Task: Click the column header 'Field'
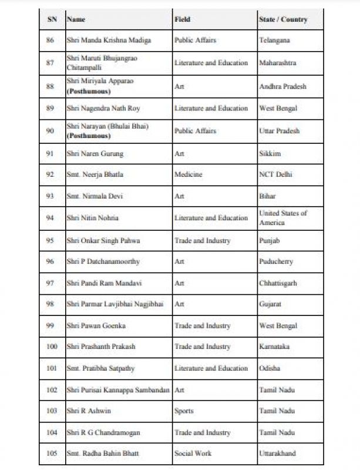tap(182, 19)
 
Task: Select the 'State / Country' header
tap(282, 19)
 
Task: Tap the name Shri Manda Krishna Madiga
tap(109, 40)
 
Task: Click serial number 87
tap(52, 63)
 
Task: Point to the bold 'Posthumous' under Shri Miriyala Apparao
tap(89, 92)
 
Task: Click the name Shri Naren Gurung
tap(95, 153)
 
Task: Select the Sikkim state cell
tap(270, 153)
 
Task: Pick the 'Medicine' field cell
tap(188, 174)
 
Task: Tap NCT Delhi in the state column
tap(275, 174)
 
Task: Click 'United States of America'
tap(283, 218)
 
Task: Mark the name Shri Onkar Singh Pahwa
tap(103, 240)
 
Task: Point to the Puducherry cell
tap(275, 261)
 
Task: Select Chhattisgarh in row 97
tap(278, 283)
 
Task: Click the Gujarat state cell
tap(271, 304)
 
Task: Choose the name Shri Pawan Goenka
tap(96, 325)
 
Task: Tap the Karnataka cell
tap(274, 347)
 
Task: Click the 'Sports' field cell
tap(184, 411)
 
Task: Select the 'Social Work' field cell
tap(193, 454)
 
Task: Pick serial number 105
tap(52, 454)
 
